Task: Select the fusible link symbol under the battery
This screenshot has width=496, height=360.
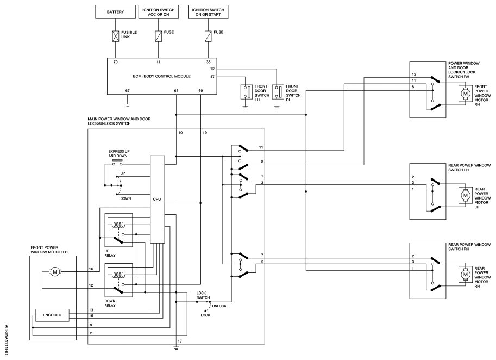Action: coord(116,36)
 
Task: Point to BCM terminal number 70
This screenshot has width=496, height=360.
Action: coord(116,63)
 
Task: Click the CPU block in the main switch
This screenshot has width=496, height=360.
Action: coord(156,199)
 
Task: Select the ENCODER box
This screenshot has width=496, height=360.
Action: coord(52,315)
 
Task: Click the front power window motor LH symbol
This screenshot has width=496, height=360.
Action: coord(54,271)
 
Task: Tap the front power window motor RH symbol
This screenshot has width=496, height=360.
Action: coord(464,94)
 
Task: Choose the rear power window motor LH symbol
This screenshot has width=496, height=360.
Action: coord(464,194)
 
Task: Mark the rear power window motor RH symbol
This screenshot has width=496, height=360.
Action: coord(464,275)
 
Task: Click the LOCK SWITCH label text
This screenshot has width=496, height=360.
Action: coord(203,295)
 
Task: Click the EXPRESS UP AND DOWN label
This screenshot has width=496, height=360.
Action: coord(119,154)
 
